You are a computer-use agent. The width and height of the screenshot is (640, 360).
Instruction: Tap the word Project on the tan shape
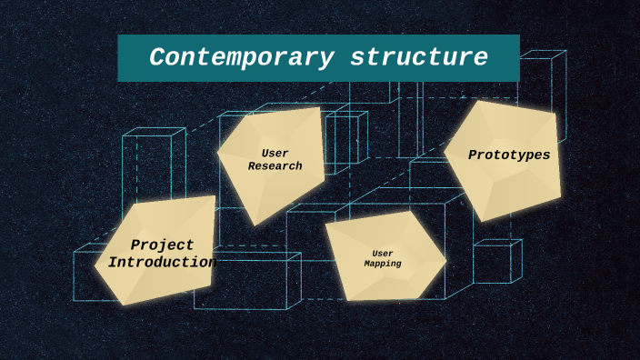click(162, 245)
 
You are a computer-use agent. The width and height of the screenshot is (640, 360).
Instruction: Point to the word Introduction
click(162, 262)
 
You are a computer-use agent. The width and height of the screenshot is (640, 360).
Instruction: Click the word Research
click(275, 166)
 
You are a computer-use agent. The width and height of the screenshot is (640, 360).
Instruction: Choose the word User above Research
click(275, 153)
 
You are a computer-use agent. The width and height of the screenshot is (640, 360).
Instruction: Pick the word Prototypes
click(509, 155)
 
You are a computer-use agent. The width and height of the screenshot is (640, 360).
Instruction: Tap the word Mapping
click(383, 264)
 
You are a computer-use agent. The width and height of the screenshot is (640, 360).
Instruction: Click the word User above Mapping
click(383, 253)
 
